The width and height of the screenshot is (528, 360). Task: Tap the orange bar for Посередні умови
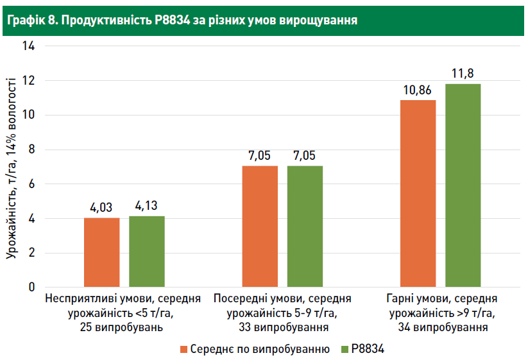pos(260,226)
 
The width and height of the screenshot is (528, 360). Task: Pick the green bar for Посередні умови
pos(305,226)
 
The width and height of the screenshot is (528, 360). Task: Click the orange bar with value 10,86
pos(418,193)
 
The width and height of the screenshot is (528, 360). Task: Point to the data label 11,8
pos(463,73)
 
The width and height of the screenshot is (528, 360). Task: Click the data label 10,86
pos(418,89)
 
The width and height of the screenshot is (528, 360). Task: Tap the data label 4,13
pos(146,206)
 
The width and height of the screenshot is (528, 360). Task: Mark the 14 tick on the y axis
pos(28,46)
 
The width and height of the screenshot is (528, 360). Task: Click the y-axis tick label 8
pos(31,150)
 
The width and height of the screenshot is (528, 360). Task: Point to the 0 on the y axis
pos(31,287)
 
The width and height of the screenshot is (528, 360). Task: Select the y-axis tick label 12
pos(28,81)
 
